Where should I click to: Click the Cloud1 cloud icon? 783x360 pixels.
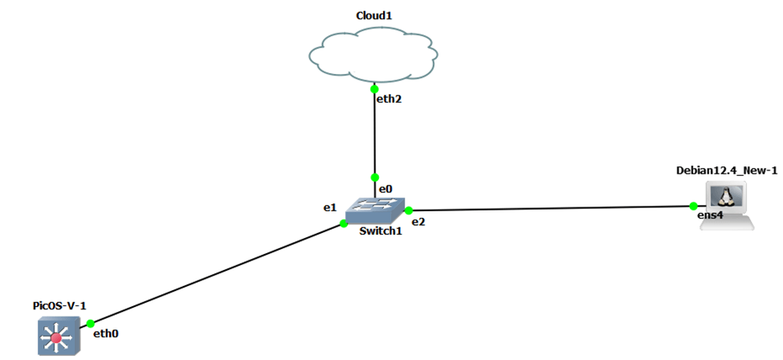tap(373, 55)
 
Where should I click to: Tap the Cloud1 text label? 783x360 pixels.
tap(373, 14)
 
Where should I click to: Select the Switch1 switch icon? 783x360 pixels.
tap(375, 211)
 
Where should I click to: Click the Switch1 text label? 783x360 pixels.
tap(380, 231)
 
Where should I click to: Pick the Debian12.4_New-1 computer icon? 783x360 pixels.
tap(726, 205)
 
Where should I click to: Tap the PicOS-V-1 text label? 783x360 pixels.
tap(59, 305)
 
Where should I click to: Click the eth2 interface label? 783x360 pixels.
tap(389, 100)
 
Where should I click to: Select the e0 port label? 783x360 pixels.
tap(385, 189)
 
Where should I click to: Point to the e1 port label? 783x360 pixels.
tap(329, 207)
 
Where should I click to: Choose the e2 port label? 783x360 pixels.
tap(418, 222)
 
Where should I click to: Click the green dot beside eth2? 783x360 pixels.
tap(374, 89)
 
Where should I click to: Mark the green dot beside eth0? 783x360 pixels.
tap(91, 323)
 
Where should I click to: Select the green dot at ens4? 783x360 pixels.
tap(694, 207)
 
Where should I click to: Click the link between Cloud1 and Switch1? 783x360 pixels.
tap(374, 133)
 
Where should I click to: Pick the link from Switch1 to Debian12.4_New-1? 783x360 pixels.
tap(554, 209)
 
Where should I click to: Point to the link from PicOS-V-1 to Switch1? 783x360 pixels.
tap(217, 273)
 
